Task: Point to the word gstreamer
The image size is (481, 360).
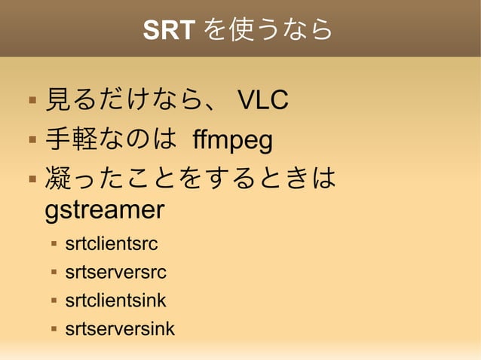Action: point(105,210)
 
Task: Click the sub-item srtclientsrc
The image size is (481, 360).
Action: point(112,245)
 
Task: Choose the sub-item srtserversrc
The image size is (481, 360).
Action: point(115,273)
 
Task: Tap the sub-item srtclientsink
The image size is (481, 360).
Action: point(115,301)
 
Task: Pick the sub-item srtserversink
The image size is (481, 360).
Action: point(120,328)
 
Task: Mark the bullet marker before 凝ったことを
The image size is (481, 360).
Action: point(31,180)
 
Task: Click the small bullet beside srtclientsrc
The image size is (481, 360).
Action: point(54,245)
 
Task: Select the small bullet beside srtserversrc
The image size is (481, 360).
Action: point(54,273)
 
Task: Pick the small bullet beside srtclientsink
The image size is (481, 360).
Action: point(54,301)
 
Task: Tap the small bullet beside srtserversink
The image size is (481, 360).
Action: point(54,328)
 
